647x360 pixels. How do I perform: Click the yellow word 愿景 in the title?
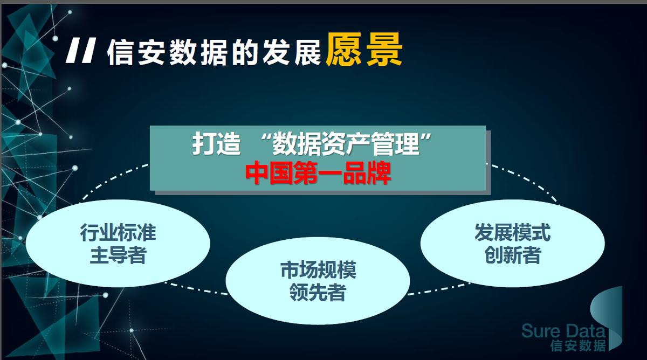click(x=364, y=49)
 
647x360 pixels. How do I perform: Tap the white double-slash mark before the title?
click(x=80, y=51)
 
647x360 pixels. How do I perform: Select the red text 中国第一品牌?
click(x=318, y=173)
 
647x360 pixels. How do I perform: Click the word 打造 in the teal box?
click(x=216, y=143)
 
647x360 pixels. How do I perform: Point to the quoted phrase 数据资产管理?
click(x=346, y=143)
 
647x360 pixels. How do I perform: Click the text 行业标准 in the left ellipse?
click(x=118, y=232)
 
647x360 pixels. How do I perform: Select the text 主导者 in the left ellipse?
click(x=118, y=255)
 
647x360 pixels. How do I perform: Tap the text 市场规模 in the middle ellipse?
click(x=318, y=270)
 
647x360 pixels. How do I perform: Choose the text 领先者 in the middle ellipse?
click(x=318, y=293)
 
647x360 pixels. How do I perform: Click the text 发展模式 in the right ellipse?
click(x=512, y=232)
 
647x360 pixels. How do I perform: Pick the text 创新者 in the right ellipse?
click(x=512, y=255)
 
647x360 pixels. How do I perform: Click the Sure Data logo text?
click(x=563, y=331)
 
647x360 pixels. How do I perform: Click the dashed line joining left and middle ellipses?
click(x=196, y=289)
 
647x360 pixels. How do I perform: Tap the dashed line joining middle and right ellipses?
click(x=438, y=289)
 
